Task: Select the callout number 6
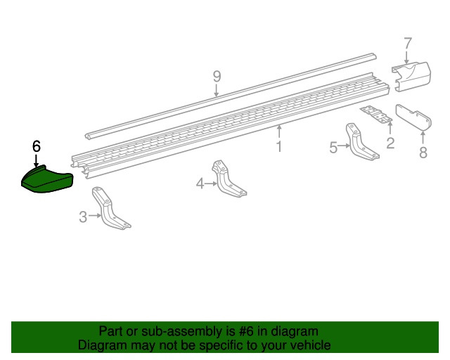37,146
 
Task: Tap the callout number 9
217,77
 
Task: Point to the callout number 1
279,146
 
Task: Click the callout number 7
408,44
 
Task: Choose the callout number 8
423,153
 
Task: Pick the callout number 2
390,143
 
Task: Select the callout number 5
333,148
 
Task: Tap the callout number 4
200,184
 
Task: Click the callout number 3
83,217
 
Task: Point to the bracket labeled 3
110,209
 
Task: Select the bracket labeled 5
361,142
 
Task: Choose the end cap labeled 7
411,77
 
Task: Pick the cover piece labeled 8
413,117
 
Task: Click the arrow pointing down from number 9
217,91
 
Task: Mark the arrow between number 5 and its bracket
344,146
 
